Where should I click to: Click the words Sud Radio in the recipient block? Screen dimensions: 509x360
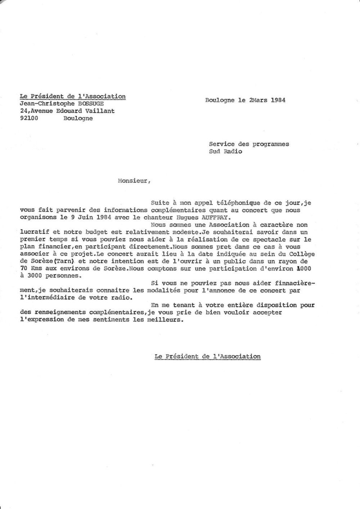tap(225, 151)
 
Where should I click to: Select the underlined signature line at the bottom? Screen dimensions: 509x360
tap(207, 356)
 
